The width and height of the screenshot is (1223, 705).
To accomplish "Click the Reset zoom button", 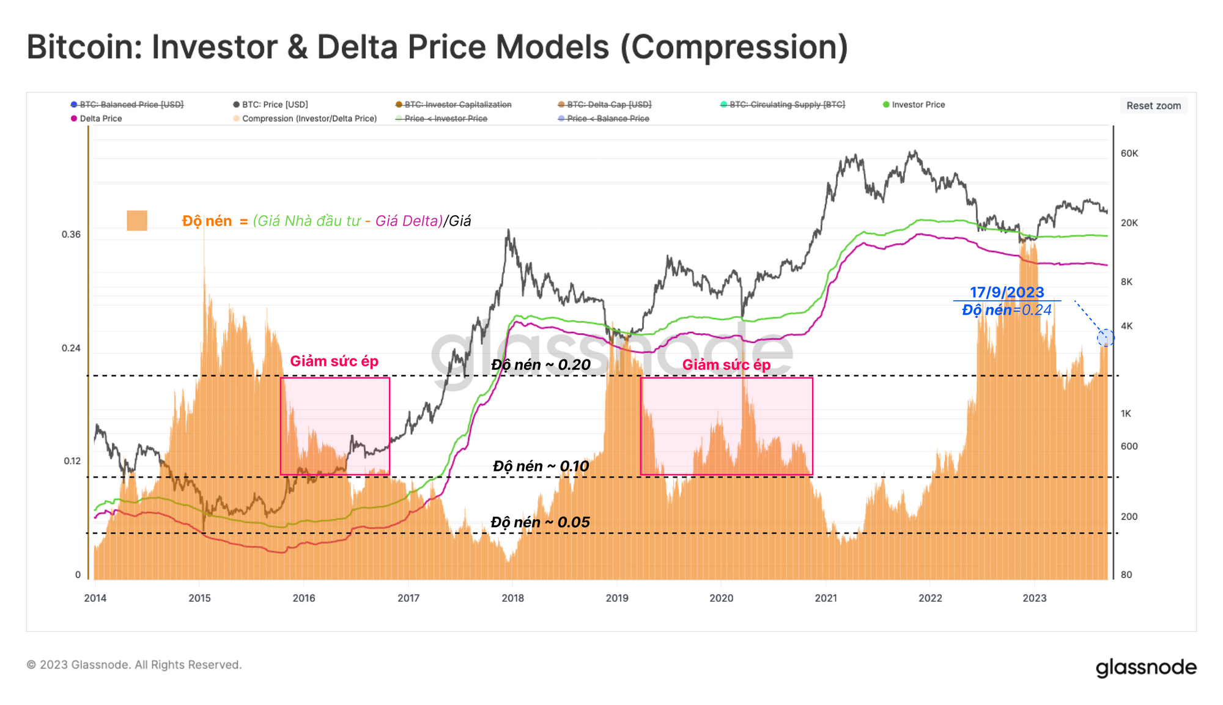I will pyautogui.click(x=1153, y=106).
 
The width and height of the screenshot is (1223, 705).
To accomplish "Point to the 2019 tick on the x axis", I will pyautogui.click(x=617, y=598).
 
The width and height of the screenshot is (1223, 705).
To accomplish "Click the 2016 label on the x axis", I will pyautogui.click(x=304, y=598).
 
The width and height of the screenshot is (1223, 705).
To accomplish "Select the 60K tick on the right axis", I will pyautogui.click(x=1129, y=153).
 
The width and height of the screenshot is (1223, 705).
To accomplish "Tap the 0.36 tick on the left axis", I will pyautogui.click(x=71, y=235).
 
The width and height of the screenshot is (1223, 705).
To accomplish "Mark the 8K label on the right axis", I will pyautogui.click(x=1126, y=282).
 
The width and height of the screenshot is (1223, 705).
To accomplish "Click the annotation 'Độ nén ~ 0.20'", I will pyautogui.click(x=541, y=365).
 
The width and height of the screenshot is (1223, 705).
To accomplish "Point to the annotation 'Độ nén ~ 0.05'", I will pyautogui.click(x=540, y=522).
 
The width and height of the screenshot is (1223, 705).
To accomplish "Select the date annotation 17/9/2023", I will pyautogui.click(x=1007, y=292).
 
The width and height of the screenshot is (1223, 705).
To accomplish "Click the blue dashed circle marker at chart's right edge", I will pyautogui.click(x=1105, y=338).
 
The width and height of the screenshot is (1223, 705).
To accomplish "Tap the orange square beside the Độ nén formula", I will pyautogui.click(x=137, y=221).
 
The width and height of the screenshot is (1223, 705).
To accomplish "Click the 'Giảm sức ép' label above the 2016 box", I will pyautogui.click(x=334, y=361).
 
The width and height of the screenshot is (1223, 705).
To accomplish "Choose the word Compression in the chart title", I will pyautogui.click(x=734, y=47).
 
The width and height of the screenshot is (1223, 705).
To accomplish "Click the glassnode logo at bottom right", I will pyautogui.click(x=1145, y=667).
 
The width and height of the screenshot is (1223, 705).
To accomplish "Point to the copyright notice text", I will pyautogui.click(x=135, y=665).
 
